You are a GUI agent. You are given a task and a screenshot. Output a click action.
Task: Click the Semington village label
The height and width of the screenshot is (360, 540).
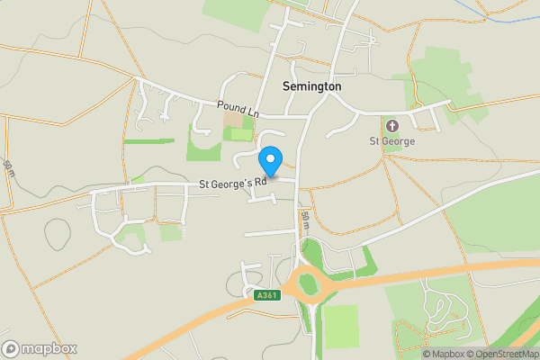pyautogui.click(x=311, y=86)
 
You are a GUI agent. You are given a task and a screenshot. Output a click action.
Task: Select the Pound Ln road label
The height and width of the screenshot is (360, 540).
pyautogui.click(x=238, y=108)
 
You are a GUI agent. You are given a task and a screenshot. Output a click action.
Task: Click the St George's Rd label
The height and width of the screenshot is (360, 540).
pyautogui.click(x=233, y=184)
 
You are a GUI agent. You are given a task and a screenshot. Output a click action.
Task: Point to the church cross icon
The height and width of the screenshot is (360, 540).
pyautogui.click(x=391, y=125)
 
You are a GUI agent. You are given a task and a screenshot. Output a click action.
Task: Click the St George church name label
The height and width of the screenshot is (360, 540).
pyautogui.click(x=391, y=140)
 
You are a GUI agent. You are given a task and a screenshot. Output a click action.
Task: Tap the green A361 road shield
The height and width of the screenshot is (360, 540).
pyautogui.click(x=265, y=295)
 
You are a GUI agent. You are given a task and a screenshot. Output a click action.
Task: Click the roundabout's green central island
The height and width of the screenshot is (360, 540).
pyautogui.click(x=310, y=286)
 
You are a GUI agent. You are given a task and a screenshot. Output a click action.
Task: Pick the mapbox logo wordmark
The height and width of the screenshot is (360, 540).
pyautogui.click(x=40, y=348)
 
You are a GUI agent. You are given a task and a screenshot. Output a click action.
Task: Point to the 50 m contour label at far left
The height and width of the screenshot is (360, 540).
pyautogui.click(x=9, y=168)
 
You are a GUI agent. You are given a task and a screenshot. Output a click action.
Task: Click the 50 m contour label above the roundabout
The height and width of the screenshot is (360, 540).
pyautogui.click(x=306, y=220)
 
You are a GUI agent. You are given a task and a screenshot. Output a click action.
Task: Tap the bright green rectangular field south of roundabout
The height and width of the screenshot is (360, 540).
pyautogui.click(x=340, y=326)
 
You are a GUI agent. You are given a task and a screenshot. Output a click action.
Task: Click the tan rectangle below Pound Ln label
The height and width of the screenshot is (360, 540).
pyautogui.click(x=233, y=119)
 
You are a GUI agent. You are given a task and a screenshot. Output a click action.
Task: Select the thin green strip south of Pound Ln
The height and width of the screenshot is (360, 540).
pyautogui.click(x=149, y=141)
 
